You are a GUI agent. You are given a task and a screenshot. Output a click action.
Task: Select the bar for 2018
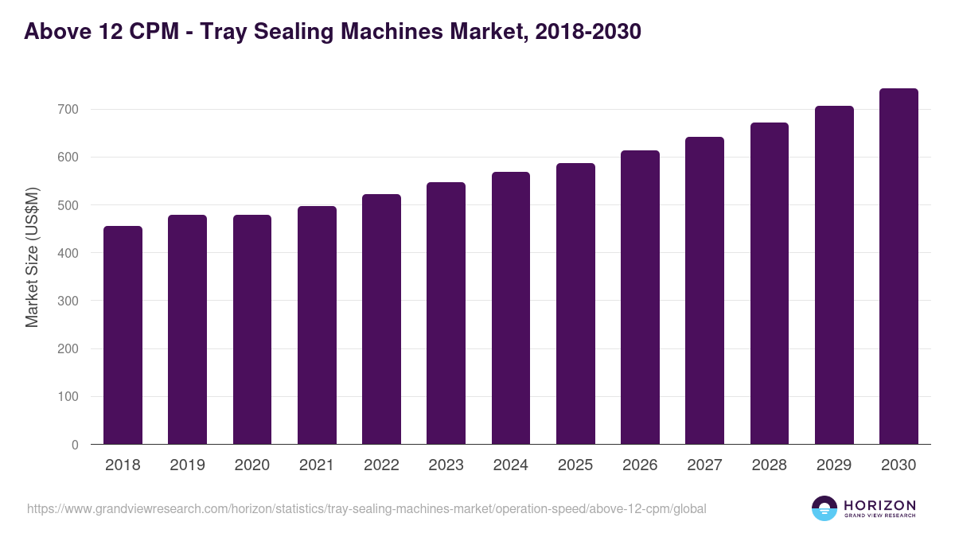[x=123, y=335]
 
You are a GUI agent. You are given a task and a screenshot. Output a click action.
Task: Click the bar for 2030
[x=898, y=267]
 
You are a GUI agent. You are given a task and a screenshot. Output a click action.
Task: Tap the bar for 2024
[x=511, y=308]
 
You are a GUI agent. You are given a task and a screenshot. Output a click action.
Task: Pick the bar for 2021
[x=317, y=325]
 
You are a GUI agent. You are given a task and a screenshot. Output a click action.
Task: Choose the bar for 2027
[x=704, y=290]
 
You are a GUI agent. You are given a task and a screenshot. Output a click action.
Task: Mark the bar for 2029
[x=834, y=275]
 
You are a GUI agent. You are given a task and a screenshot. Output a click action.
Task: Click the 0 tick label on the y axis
[x=75, y=445]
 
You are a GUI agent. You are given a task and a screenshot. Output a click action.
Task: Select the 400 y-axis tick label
[x=69, y=253]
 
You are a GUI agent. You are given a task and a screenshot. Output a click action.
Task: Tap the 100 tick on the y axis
[x=69, y=397]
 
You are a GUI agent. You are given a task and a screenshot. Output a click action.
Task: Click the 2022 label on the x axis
[x=381, y=465]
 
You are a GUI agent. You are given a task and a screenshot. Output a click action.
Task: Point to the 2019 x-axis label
[x=187, y=465]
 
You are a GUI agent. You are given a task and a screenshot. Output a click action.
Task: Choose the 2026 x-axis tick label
[x=640, y=465]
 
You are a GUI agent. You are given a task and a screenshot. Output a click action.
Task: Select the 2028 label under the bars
[x=770, y=465]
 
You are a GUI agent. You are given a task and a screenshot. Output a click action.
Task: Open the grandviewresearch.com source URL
[x=366, y=508]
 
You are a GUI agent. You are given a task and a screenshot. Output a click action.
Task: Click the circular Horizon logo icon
[x=824, y=508]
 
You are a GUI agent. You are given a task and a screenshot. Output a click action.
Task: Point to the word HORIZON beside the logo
[x=879, y=505]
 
